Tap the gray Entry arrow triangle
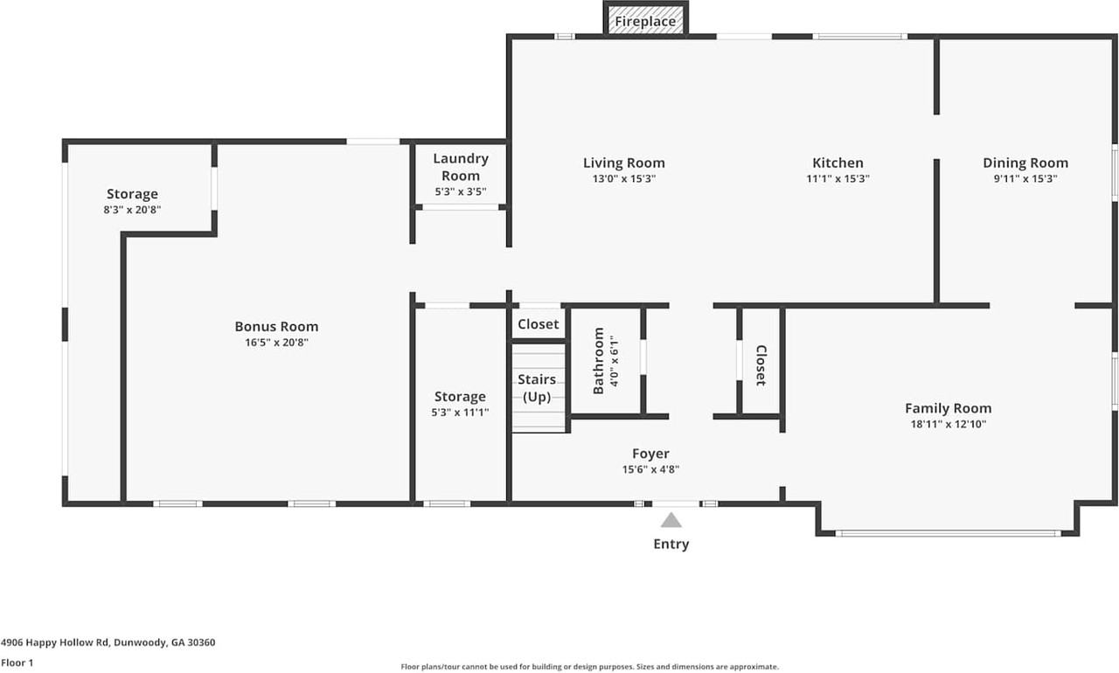(x=671, y=520)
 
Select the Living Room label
(x=624, y=163)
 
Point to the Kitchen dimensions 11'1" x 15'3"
(x=838, y=178)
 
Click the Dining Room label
(x=1025, y=163)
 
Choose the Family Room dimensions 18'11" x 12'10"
(x=949, y=425)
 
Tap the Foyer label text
(x=650, y=454)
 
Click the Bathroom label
(x=599, y=360)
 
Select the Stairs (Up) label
(x=537, y=388)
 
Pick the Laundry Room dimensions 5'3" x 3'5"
(x=461, y=191)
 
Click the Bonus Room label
(x=276, y=327)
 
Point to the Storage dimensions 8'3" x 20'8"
(x=132, y=210)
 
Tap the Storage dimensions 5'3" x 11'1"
(x=460, y=413)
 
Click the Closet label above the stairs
(x=538, y=324)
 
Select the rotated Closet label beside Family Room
(x=761, y=365)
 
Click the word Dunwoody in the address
(x=141, y=642)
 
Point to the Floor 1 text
(x=17, y=663)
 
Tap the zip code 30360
(x=201, y=642)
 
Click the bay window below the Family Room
(x=948, y=534)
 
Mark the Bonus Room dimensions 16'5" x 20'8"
(x=276, y=343)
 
